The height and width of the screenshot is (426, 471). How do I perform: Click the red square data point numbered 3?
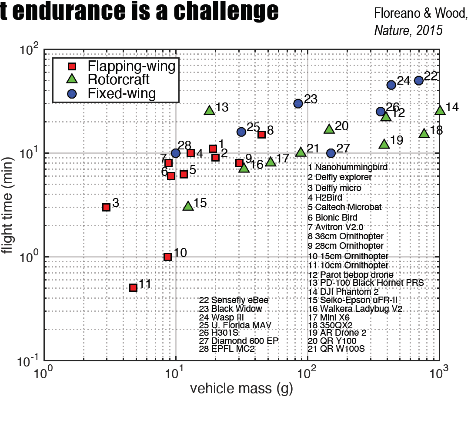click(106, 207)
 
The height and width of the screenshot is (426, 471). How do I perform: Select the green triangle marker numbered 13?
click(210, 110)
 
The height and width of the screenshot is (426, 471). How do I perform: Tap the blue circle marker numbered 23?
click(298, 103)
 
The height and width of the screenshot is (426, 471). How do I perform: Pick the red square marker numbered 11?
click(134, 287)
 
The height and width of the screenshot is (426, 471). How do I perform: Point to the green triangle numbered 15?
click(188, 206)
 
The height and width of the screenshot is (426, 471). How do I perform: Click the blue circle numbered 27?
click(331, 153)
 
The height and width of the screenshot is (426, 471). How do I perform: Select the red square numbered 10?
click(167, 257)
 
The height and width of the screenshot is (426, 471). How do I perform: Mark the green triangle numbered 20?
click(329, 129)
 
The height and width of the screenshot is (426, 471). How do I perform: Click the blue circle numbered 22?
click(419, 80)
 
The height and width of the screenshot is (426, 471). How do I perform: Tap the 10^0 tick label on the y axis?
click(29, 256)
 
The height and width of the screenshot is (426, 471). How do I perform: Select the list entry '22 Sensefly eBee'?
click(234, 300)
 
